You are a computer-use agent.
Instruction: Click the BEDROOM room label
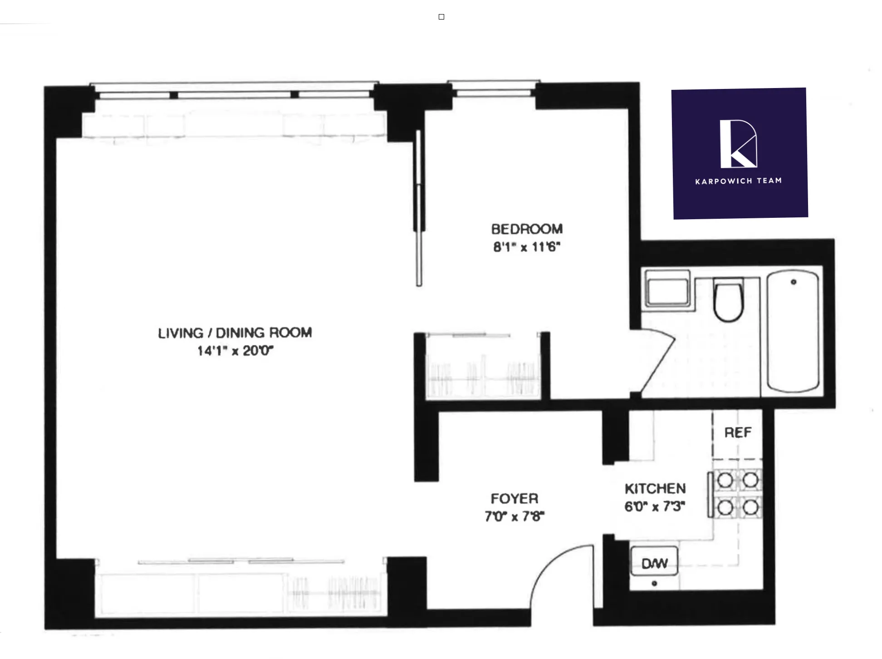point(527,229)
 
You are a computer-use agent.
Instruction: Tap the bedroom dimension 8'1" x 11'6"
point(527,247)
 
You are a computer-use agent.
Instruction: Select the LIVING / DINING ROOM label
point(235,333)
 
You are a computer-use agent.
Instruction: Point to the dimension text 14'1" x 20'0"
point(235,351)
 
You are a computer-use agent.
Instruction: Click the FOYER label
point(514,499)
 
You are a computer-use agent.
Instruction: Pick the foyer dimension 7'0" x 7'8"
point(514,516)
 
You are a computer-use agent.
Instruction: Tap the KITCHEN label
point(655,489)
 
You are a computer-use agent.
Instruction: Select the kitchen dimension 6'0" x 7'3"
point(655,506)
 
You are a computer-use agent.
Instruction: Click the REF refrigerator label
point(738,433)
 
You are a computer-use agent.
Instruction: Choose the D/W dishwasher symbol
point(654,563)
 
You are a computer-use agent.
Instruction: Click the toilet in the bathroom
point(728,300)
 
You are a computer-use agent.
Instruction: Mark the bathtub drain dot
point(794,282)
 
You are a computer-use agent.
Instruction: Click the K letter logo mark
point(738,144)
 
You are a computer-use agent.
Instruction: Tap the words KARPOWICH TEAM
point(739,181)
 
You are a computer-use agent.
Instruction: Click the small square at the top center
point(441,17)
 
